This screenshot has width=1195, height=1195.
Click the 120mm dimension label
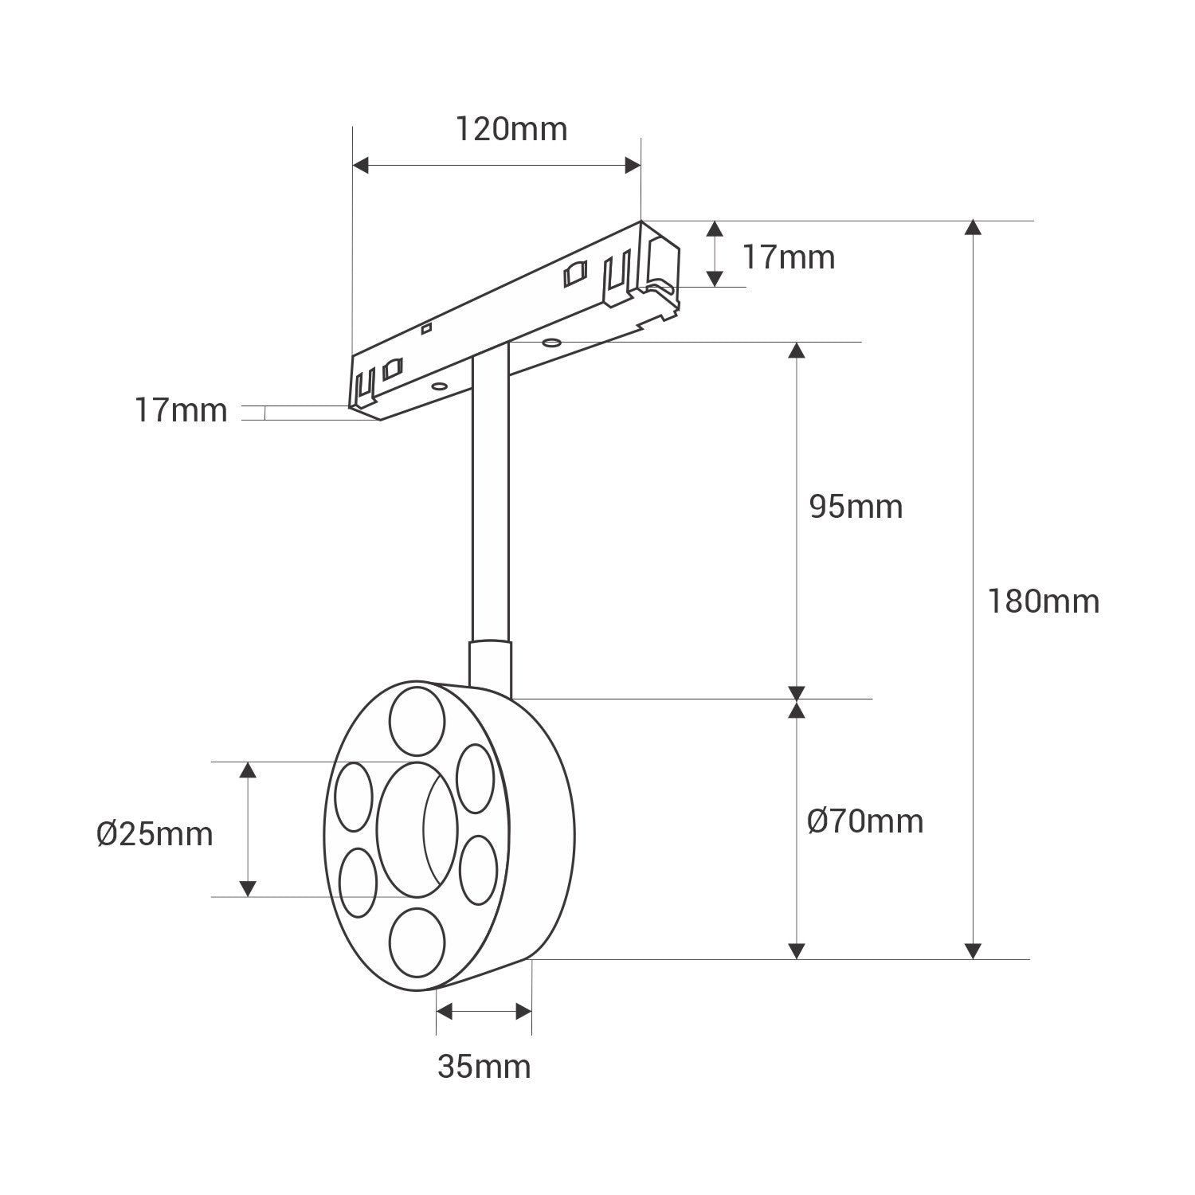511,128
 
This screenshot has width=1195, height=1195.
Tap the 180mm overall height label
1043,601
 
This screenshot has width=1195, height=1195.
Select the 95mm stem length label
856,507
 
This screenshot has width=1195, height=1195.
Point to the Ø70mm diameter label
865,821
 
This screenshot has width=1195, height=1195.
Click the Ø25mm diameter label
155,834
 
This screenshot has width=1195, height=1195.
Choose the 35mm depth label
484,1066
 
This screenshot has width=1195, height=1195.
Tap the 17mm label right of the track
789,257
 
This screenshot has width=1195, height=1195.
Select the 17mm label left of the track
181,410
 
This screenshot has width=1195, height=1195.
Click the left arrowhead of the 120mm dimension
361,166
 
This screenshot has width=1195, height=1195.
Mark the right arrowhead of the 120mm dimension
633,166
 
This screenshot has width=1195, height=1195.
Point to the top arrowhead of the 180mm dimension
972,228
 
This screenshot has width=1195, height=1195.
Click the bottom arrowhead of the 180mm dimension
972,950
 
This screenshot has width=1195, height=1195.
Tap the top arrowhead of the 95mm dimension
797,351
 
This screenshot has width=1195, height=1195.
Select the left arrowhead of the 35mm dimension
445,1012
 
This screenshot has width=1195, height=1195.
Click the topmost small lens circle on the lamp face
417,718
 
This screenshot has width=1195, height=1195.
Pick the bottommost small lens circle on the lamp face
417,938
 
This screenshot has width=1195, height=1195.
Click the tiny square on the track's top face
427,327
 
